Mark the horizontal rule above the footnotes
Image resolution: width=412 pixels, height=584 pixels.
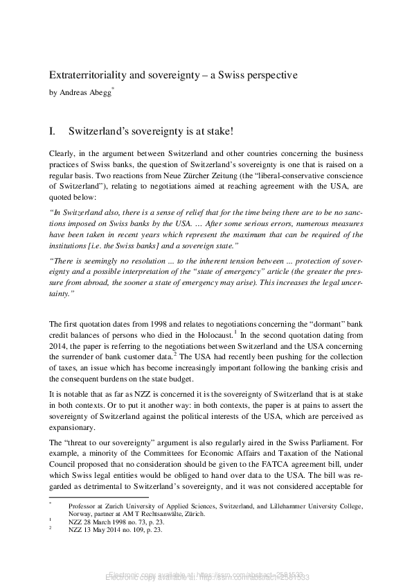(x=98, y=497)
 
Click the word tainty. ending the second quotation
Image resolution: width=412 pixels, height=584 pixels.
(x=63, y=294)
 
